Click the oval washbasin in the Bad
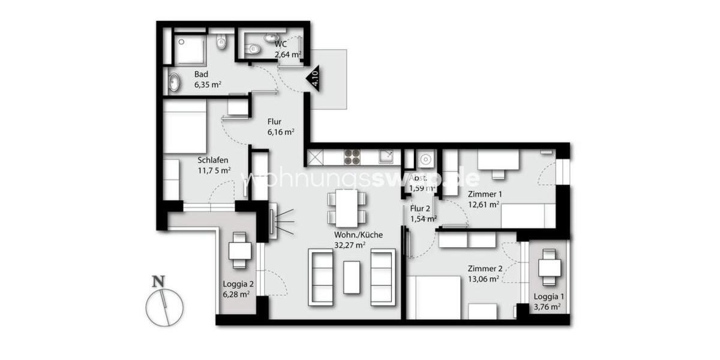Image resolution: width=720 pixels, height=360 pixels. coord(174,82)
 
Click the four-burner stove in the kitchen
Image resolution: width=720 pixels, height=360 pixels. coord(352,157)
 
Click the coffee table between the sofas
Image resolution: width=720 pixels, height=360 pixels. coord(352,277)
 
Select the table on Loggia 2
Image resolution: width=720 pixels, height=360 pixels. coord(241,251)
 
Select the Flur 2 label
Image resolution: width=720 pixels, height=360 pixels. coord(421,209)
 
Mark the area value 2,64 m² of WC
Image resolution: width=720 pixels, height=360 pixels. coord(288,55)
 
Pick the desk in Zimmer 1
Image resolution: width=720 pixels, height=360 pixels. coord(498,160)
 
